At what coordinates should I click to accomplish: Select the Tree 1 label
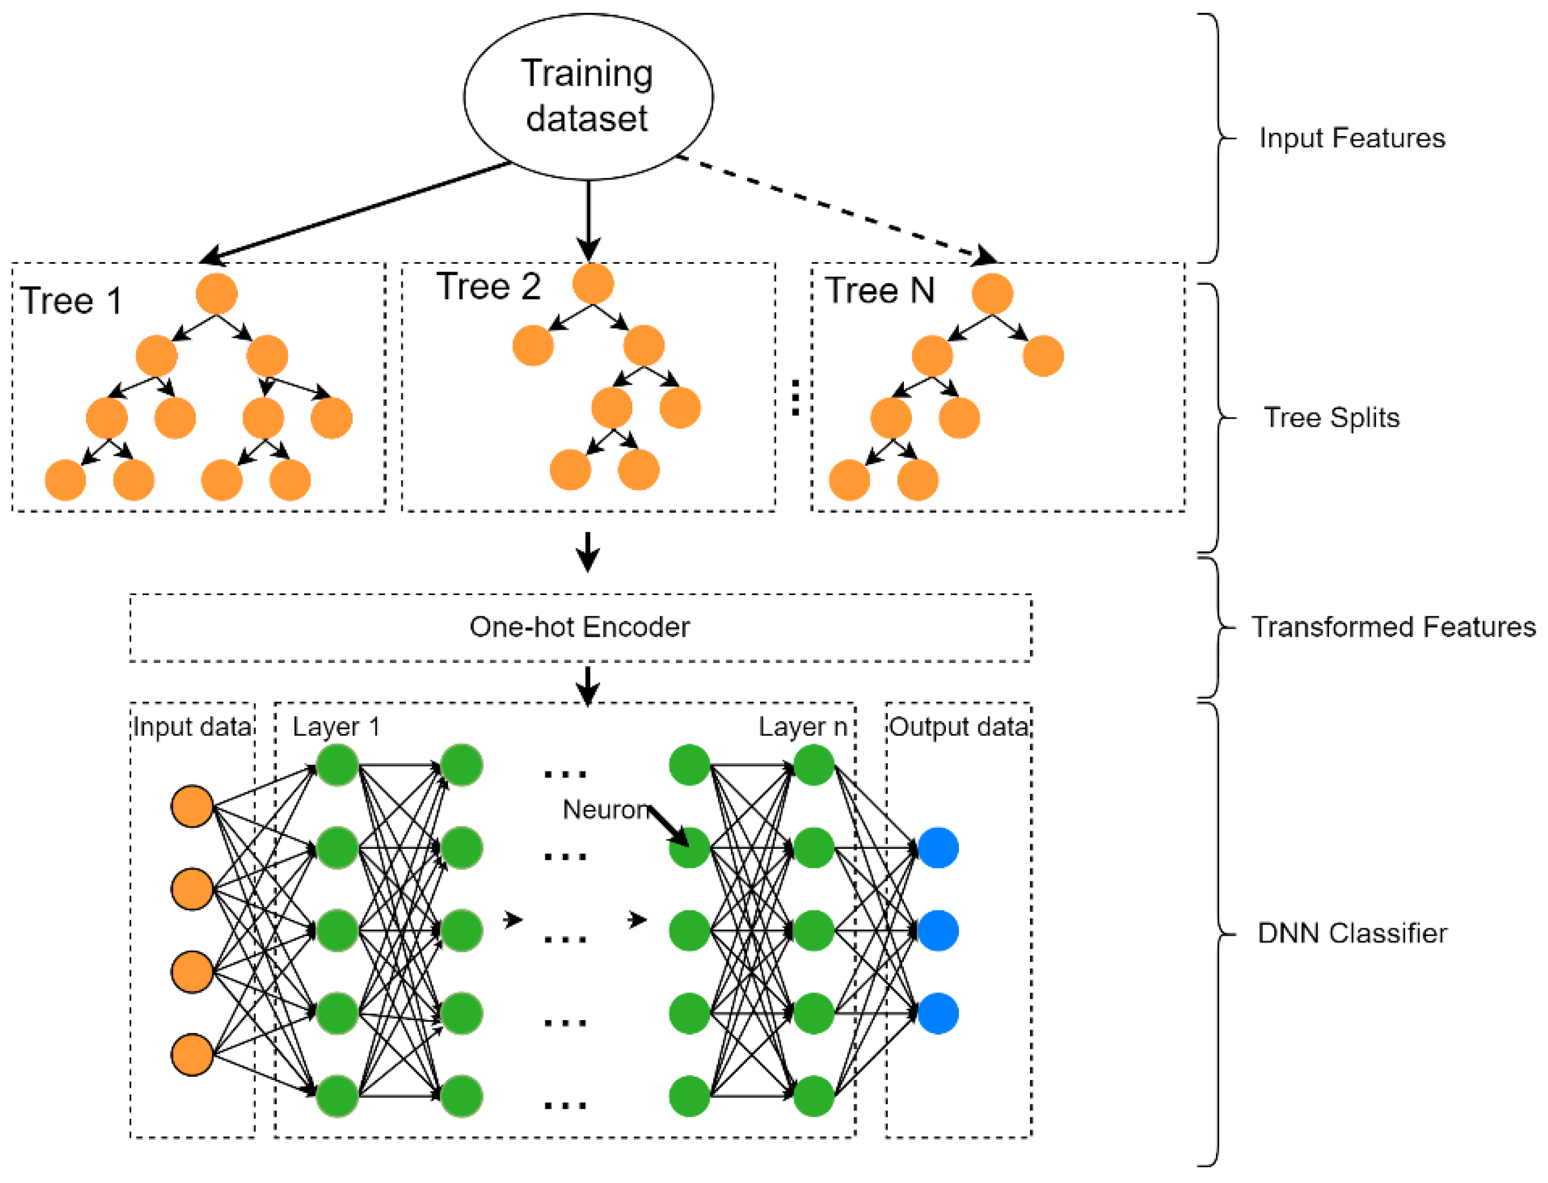pos(71,301)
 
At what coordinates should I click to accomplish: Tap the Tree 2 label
pos(488,287)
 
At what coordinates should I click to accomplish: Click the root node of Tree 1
pos(216,293)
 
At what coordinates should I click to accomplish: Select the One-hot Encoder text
pos(579,626)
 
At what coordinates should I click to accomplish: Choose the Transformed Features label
pos(1392,626)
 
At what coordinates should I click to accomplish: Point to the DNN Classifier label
pos(1351,933)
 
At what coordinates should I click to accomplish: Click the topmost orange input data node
pos(192,806)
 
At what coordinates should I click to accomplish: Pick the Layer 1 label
pos(336,727)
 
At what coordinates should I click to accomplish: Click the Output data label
pos(958,727)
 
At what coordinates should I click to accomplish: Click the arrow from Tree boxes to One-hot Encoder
pos(588,551)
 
